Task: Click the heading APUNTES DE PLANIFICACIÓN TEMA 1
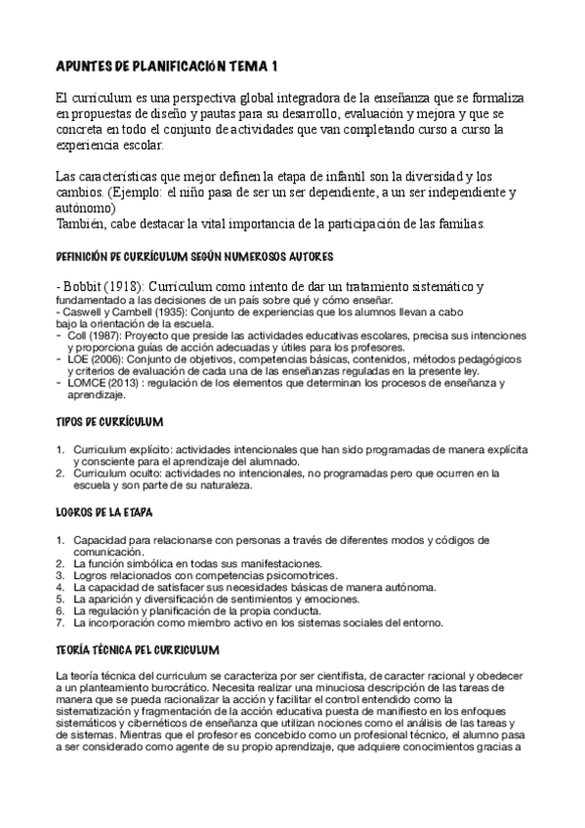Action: pyautogui.click(x=166, y=66)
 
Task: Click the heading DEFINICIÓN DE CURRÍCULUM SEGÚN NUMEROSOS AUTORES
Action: pyautogui.click(x=195, y=257)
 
